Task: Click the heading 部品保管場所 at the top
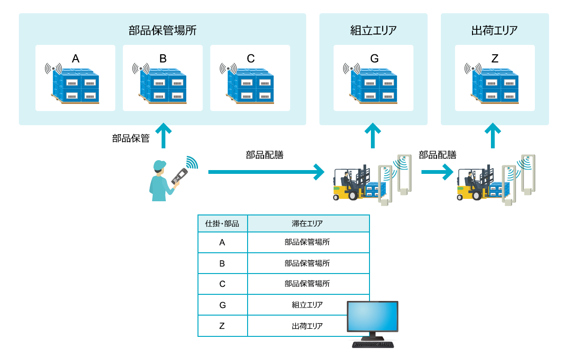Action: click(x=162, y=31)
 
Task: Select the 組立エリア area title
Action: click(x=373, y=31)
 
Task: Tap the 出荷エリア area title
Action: click(x=494, y=31)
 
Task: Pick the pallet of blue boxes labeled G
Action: click(x=374, y=87)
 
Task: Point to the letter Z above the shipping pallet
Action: click(x=495, y=59)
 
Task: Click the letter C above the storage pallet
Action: click(x=250, y=59)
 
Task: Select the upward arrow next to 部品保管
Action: click(x=163, y=136)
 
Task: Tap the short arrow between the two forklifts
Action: click(x=437, y=172)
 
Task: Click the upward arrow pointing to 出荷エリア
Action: click(x=493, y=136)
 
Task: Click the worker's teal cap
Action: click(x=160, y=165)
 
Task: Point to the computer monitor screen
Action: click(x=372, y=317)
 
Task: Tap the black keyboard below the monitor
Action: click(x=373, y=344)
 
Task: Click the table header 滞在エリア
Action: click(x=308, y=223)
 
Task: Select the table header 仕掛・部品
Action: click(x=223, y=223)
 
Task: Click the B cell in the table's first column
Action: click(x=222, y=263)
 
